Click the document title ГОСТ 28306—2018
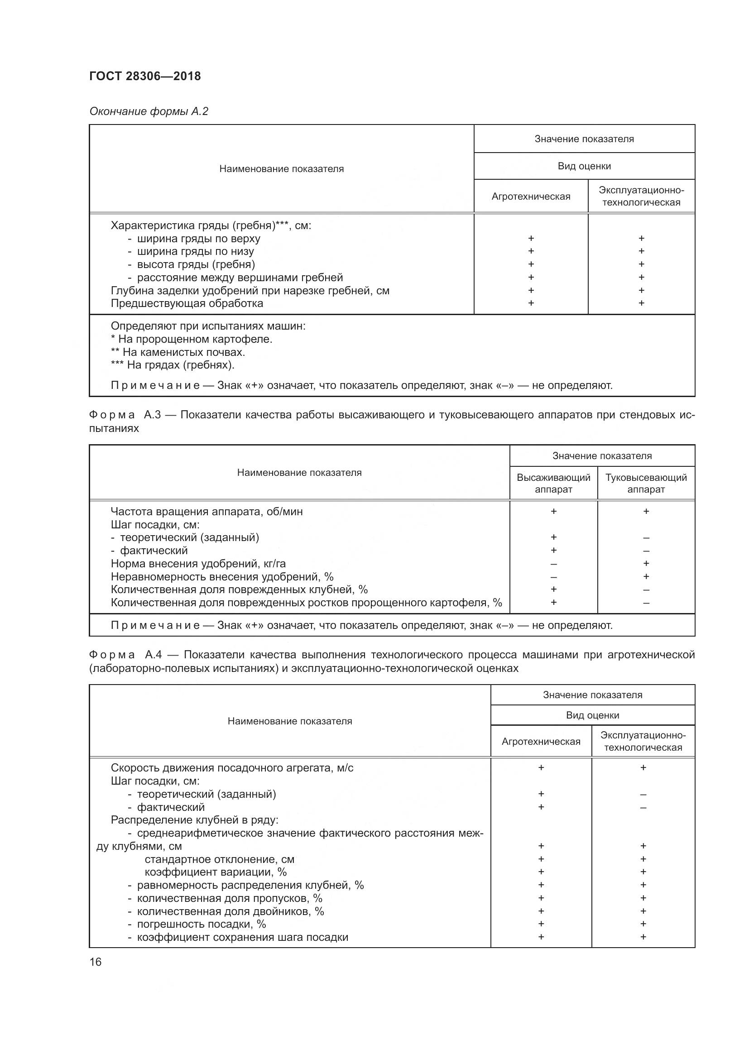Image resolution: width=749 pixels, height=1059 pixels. pos(145,76)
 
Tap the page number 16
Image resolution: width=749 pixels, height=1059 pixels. pos(96,962)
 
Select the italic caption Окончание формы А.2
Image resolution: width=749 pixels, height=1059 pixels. pos(149,111)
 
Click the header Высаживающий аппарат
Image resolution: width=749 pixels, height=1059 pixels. pos(553,484)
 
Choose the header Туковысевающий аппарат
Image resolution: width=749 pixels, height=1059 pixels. pos(646,484)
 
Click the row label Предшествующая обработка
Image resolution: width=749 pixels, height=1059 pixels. pos(187,303)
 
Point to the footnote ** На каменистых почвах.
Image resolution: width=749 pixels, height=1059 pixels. pos(178,352)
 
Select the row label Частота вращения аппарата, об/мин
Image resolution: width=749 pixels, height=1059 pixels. pos(206,512)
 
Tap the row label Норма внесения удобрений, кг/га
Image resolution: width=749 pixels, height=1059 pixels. pos(198,564)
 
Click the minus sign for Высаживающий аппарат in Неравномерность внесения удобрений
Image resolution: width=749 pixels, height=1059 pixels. pos(553,577)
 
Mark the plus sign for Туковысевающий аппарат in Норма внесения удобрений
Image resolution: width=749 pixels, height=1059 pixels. pos(646,563)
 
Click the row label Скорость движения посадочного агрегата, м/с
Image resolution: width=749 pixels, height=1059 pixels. pos(232,768)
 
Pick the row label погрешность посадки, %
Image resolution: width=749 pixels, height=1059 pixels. pos(201,924)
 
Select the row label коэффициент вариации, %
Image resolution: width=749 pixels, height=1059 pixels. pos(216,872)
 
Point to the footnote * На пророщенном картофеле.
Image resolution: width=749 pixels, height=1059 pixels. pos(192,339)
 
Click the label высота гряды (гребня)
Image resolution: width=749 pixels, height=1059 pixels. pos(196,264)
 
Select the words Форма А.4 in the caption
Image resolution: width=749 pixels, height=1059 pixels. pos(125,655)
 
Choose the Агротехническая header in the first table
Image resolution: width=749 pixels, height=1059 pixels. pos(530,196)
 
